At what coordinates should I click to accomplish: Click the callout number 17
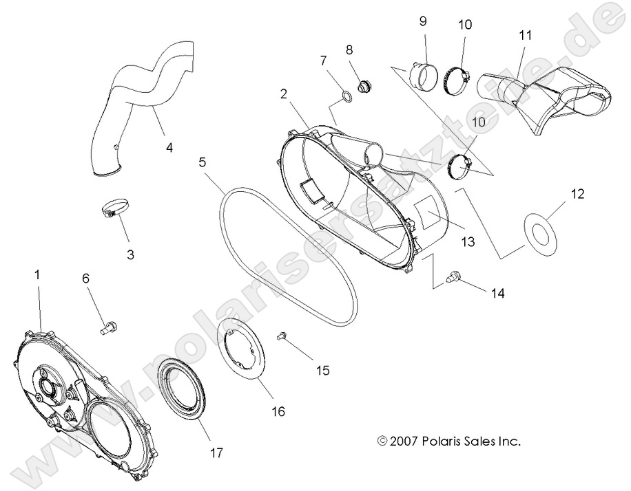[217, 452]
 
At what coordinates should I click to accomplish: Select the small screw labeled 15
[281, 336]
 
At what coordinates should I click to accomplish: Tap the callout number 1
[38, 274]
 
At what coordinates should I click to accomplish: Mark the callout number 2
[283, 94]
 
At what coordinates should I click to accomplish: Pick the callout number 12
[577, 195]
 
